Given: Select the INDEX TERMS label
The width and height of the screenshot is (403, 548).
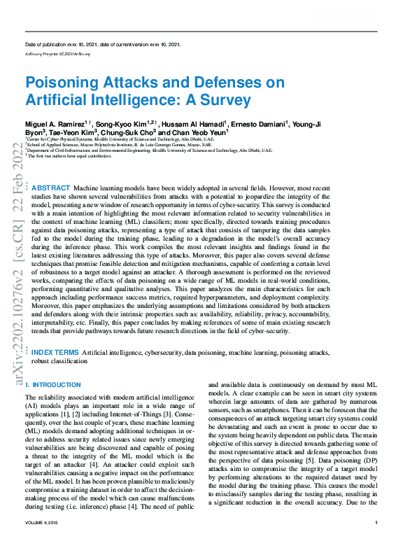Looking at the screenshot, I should tap(55, 353).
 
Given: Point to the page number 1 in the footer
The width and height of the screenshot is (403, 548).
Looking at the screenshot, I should tap(376, 542).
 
